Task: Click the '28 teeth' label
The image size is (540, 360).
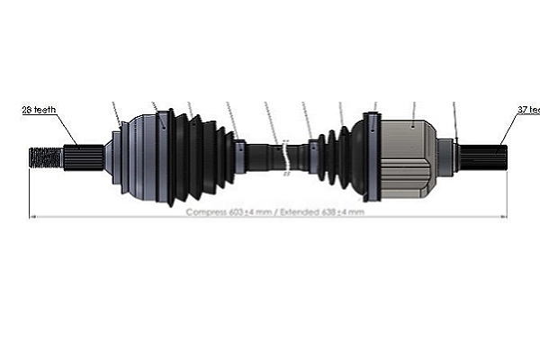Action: coord(40,110)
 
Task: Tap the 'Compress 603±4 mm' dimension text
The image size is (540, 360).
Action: coord(229,212)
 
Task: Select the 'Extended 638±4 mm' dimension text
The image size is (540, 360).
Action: coord(321,212)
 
